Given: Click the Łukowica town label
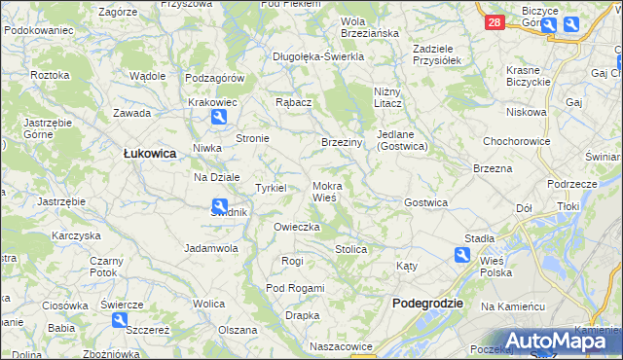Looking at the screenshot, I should (x=149, y=153).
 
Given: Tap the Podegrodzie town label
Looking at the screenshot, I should (x=427, y=304).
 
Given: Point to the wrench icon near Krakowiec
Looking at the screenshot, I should (x=220, y=118).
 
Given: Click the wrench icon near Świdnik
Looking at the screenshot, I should (x=221, y=205).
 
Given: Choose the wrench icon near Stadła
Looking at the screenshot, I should (x=461, y=255).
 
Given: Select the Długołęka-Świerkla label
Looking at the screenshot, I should (x=318, y=56).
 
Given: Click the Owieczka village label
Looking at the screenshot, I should (x=297, y=227).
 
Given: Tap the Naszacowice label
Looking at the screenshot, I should (x=341, y=345).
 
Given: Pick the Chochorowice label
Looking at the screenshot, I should (x=516, y=140).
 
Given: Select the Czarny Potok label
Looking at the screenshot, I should (x=105, y=267).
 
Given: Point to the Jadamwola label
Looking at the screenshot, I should (x=211, y=248).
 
